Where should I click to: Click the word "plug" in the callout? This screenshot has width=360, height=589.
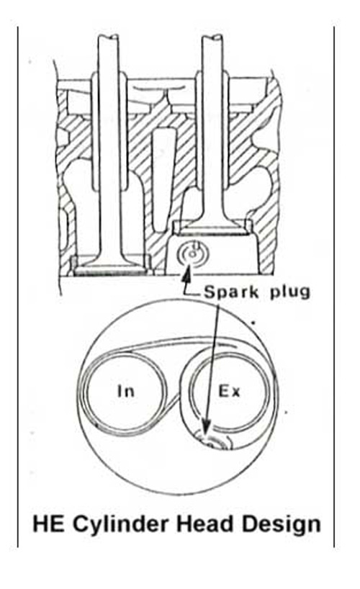point(290,292)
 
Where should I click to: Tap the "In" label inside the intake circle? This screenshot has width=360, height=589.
point(125,391)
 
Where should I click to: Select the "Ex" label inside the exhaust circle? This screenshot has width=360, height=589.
point(229,392)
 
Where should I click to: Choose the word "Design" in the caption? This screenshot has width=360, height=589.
point(282,524)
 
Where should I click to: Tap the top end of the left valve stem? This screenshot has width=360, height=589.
point(109,37)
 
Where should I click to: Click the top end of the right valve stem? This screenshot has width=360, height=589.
point(212,37)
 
